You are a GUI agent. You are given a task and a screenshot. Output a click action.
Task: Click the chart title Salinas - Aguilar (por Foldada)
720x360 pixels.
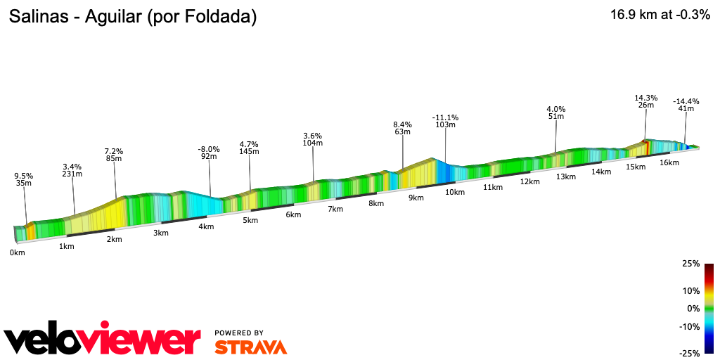(x=132, y=17)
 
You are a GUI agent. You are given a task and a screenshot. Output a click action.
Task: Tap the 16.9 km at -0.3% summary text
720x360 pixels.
(x=660, y=15)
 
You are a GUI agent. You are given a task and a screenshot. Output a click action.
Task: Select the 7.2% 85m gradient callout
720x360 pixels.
(x=114, y=155)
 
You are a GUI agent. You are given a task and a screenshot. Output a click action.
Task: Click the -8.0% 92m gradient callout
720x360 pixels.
(x=209, y=153)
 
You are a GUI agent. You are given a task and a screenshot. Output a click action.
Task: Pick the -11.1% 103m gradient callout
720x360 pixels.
(x=445, y=121)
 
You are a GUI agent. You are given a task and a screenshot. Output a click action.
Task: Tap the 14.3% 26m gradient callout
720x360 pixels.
(x=645, y=101)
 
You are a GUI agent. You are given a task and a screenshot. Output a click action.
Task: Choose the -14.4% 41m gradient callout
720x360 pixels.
(x=686, y=105)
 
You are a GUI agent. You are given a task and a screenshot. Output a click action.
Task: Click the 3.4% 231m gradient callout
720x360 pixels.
(x=72, y=170)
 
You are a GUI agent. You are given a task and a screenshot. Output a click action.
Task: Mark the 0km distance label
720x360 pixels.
(x=18, y=252)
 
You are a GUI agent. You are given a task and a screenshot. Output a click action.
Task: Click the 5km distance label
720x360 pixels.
(x=250, y=220)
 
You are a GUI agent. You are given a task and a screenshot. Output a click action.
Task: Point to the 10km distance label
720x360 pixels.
(x=455, y=192)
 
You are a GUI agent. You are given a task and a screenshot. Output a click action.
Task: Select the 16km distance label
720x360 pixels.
(x=669, y=162)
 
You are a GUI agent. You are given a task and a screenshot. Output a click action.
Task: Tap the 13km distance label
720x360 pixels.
(x=565, y=176)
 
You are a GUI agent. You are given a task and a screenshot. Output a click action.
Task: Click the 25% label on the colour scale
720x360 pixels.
(x=690, y=264)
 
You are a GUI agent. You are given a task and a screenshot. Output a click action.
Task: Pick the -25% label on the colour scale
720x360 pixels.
(x=689, y=353)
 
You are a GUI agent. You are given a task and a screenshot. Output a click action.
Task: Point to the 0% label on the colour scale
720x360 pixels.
(x=693, y=308)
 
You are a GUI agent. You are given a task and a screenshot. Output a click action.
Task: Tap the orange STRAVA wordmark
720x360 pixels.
(x=250, y=347)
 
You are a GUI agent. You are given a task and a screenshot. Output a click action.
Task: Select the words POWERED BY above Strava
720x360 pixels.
(x=239, y=333)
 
